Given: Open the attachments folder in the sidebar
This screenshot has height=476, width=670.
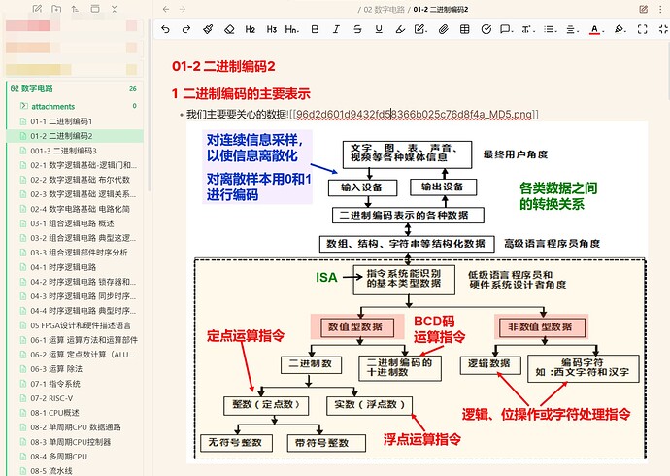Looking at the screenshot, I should click(x=52, y=105).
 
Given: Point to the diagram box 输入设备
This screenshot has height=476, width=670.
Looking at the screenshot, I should click(x=362, y=187).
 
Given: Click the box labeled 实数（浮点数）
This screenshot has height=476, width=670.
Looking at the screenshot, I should click(x=370, y=403).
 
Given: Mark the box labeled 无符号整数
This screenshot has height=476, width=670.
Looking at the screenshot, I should click(x=232, y=442).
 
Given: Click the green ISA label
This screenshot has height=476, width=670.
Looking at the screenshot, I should click(x=326, y=278).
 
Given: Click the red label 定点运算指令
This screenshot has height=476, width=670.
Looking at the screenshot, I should click(x=246, y=336).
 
